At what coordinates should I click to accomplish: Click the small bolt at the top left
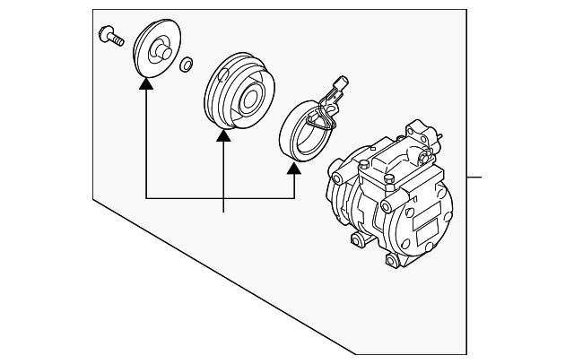109,37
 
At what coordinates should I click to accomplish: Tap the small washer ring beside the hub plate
186,65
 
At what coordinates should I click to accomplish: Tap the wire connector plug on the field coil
337,87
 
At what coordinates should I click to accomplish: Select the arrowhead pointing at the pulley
222,135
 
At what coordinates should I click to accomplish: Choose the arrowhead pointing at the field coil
294,169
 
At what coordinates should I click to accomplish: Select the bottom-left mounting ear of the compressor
357,239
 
